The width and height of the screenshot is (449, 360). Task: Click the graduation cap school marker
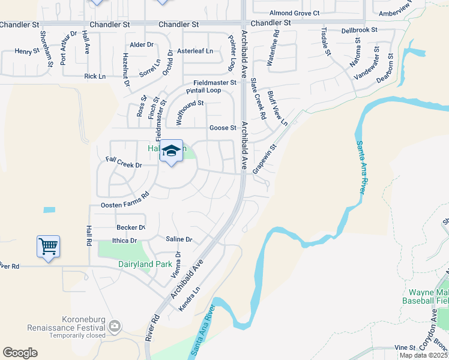pyautogui.click(x=171, y=151)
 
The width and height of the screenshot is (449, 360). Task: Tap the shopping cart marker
pyautogui.click(x=48, y=246)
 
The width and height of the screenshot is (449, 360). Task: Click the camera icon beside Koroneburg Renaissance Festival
pyautogui.click(x=114, y=327)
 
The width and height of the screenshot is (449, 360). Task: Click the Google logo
pyautogui.click(x=20, y=353)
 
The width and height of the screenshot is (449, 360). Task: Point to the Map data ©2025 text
pyautogui.click(x=423, y=355)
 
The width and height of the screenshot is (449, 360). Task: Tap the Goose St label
pyautogui.click(x=221, y=128)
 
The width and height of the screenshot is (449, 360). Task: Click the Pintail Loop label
pyautogui.click(x=203, y=90)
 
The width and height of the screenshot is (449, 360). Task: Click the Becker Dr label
pyautogui.click(x=131, y=227)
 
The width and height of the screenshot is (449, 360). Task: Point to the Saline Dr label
pyautogui.click(x=179, y=239)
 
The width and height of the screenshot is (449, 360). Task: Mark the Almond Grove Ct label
pyautogui.click(x=294, y=13)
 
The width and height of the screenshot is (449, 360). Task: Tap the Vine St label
pyautogui.click(x=405, y=347)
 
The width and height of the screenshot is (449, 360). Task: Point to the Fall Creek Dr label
pyautogui.click(x=123, y=162)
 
